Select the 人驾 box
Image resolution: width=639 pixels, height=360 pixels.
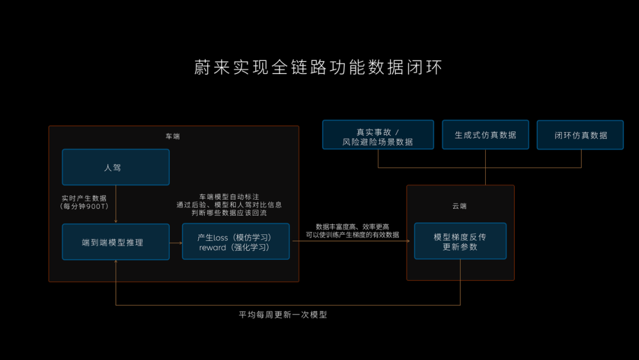coord(115,168)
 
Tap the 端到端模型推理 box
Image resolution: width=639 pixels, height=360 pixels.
coord(115,242)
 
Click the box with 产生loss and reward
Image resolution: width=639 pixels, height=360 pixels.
coord(235,242)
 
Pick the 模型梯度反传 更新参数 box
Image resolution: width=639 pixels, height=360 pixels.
coord(460,242)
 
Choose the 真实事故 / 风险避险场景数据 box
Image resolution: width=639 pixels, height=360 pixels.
coord(377,136)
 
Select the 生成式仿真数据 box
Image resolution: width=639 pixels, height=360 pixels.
coord(485,135)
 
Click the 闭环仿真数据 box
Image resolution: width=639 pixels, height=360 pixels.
coord(580,135)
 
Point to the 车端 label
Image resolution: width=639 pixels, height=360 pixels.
coord(172,136)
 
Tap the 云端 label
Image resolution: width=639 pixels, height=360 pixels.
coord(459,206)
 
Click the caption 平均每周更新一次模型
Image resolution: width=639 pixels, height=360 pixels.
coord(283,315)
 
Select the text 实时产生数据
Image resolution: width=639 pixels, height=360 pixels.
coord(84,198)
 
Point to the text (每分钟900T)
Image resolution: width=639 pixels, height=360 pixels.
coord(84,206)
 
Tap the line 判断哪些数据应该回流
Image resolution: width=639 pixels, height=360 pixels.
coord(229,213)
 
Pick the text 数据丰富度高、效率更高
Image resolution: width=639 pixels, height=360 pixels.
coord(352,227)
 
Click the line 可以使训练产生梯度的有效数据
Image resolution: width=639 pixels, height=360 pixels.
coord(352,235)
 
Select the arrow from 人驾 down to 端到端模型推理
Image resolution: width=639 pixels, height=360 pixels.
coord(115,204)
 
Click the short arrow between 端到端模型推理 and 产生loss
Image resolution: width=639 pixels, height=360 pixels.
coord(176,242)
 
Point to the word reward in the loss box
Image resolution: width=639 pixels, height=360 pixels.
coord(212,247)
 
